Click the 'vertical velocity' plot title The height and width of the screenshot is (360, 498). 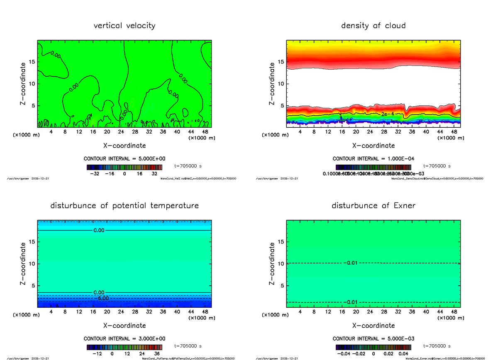(124, 26)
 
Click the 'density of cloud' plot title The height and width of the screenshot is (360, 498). (373, 26)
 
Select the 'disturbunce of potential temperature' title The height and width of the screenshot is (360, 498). (124, 206)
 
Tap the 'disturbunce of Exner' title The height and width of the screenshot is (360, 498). (373, 206)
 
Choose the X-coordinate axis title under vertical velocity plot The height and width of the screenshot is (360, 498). (124, 146)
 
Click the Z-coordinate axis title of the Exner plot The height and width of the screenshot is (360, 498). (272, 264)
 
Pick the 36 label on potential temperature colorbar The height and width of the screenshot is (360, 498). (157, 354)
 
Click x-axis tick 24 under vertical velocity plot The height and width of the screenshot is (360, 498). (121, 132)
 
